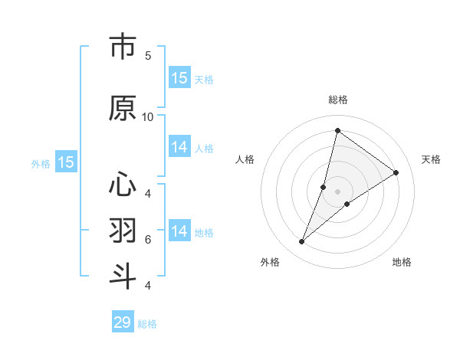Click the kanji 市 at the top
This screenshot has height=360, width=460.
coord(123,47)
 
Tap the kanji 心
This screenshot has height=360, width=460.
coord(123,185)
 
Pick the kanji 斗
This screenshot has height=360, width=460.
coord(123,275)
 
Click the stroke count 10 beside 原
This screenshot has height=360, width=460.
coord(148,116)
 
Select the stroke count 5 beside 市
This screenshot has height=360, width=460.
coord(148,55)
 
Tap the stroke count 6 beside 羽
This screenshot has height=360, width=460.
coord(148,240)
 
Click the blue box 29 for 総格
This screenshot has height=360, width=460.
coord(123,322)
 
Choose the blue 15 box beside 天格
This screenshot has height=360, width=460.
coord(179,78)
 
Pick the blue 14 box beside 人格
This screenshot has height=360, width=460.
coord(179,147)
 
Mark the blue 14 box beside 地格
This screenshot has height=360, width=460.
coord(179,231)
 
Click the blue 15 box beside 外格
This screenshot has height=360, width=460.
coord(66,162)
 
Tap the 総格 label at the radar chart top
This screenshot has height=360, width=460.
coord(338,100)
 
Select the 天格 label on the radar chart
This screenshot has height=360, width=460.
coord(431,159)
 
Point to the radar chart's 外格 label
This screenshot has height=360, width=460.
coord(270,262)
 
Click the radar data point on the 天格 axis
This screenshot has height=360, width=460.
coord(396,172)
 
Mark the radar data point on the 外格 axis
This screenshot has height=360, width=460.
coord(302,242)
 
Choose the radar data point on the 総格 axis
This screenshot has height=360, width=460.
coord(337,131)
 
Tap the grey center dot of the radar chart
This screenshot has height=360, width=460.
coord(337,191)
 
